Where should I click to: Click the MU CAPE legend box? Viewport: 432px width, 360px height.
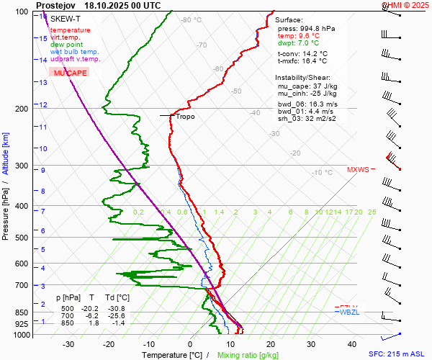69,73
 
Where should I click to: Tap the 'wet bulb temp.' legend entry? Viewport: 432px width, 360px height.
75,52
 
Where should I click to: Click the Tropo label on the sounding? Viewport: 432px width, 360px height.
185,116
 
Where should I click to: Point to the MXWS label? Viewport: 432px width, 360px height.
358,170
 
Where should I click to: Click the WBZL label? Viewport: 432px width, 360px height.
349,312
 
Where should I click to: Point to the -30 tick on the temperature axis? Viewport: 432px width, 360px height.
68,344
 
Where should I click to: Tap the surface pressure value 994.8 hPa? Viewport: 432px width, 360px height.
318,28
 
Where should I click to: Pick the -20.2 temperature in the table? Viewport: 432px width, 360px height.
91,308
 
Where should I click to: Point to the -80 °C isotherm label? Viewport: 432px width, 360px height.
192,20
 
